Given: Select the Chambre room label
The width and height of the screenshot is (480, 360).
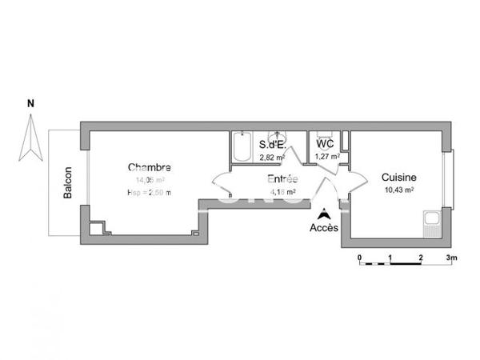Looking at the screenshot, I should click(x=150, y=167).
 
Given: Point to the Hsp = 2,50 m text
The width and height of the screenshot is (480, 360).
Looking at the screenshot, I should click(x=149, y=193).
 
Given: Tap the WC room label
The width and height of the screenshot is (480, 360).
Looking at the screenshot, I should click(x=325, y=144).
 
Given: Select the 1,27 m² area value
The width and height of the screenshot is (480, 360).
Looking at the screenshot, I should click(x=326, y=157).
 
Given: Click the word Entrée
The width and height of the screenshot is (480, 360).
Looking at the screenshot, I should click(x=282, y=179).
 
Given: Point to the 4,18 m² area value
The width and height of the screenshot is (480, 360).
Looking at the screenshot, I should click(x=282, y=192).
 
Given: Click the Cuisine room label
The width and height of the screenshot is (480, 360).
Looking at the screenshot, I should click(x=398, y=177).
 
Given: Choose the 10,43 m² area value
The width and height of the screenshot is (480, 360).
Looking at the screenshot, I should click(x=398, y=190).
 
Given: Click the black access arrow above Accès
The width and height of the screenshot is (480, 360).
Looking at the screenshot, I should click(x=323, y=214).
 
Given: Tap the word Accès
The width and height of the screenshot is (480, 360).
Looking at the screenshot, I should click(x=323, y=227).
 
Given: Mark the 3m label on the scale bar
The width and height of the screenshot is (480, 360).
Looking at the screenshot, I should click(x=451, y=258).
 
